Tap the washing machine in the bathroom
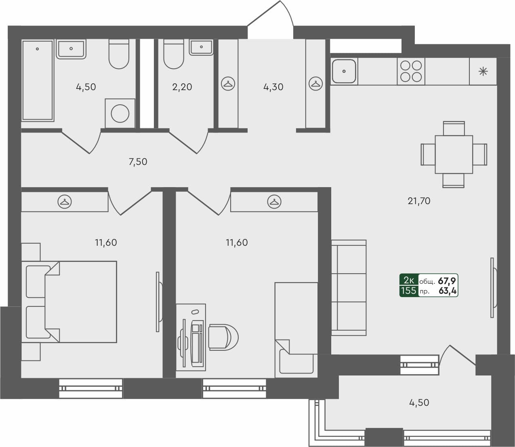[x=120, y=113]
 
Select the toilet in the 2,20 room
[x=174, y=55]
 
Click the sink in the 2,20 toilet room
[x=201, y=47]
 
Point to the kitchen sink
[x=344, y=72]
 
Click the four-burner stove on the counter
[x=411, y=72]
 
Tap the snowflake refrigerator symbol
[x=483, y=72]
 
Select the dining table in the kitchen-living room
[x=454, y=154]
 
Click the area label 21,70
[x=419, y=201]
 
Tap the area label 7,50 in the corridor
[x=138, y=162]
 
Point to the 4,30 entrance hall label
[x=273, y=87]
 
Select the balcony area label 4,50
[x=419, y=403]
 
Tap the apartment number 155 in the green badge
[x=408, y=291]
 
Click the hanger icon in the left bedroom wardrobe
[x=65, y=201]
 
